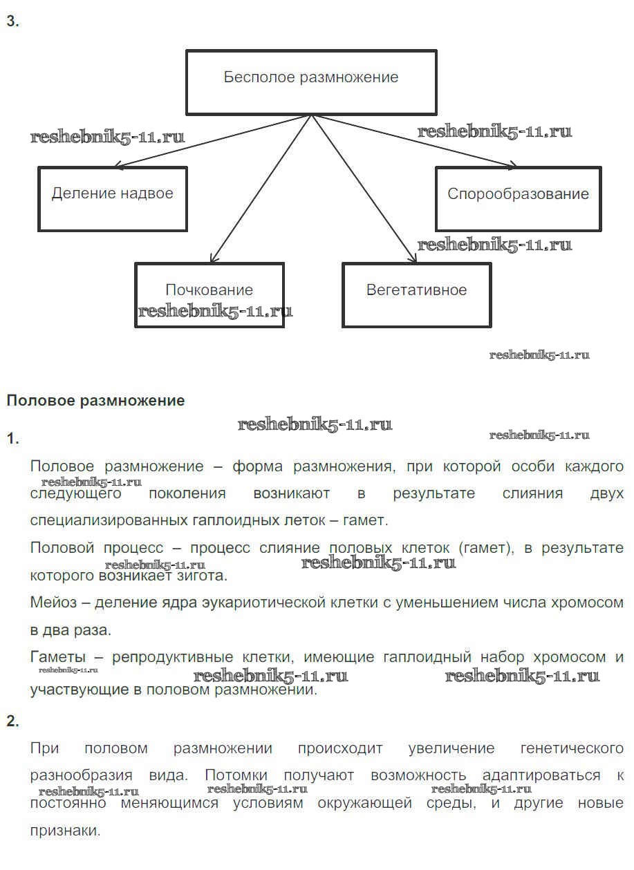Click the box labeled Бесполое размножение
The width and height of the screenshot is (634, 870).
click(x=311, y=82)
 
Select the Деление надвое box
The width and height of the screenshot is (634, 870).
click(x=112, y=198)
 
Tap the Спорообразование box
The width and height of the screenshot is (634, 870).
click(x=518, y=198)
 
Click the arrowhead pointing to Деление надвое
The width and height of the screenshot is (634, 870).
click(x=118, y=166)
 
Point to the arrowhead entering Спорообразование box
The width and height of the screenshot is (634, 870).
click(x=512, y=165)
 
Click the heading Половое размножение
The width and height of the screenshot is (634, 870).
click(x=95, y=400)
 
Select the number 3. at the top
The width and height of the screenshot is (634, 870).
click(x=12, y=21)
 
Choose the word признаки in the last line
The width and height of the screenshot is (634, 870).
click(x=65, y=831)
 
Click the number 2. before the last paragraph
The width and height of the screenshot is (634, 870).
click(x=12, y=721)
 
